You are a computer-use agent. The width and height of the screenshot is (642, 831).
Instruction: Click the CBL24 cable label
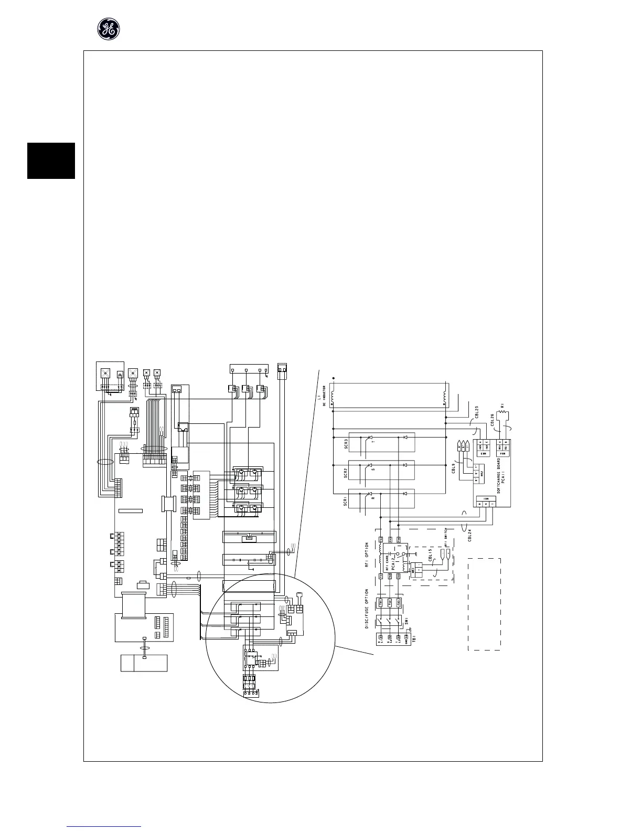[x=470, y=535]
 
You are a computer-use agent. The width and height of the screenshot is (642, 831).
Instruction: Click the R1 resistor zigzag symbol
[x=504, y=414]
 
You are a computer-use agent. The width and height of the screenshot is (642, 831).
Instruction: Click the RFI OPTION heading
[x=367, y=556]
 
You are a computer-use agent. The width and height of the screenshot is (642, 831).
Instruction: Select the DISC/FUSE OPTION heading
[x=367, y=607]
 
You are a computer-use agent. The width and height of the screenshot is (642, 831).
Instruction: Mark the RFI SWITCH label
[x=445, y=536]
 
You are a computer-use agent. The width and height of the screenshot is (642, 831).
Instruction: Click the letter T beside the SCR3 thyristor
[x=373, y=442]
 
